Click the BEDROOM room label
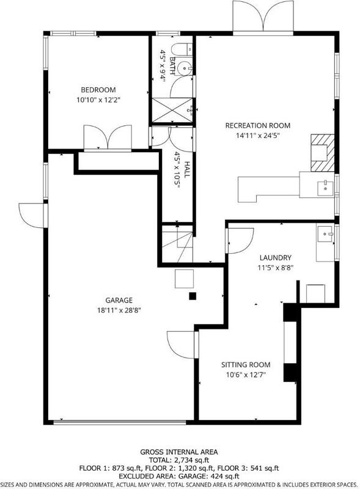click(x=98, y=90)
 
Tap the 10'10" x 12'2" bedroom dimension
click(x=98, y=100)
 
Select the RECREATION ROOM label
click(x=258, y=126)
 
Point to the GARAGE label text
click(x=119, y=300)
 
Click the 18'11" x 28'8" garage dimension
click(x=119, y=311)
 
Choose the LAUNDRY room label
click(x=276, y=258)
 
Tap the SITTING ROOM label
click(x=246, y=365)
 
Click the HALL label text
click(x=186, y=170)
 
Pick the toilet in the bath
click(x=182, y=50)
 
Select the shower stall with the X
click(x=172, y=110)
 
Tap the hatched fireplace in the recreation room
click(x=322, y=153)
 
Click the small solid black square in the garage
click(x=193, y=296)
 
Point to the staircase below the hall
click(x=177, y=244)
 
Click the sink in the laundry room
click(x=325, y=234)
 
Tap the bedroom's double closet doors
click(x=108, y=138)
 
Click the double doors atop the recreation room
click(x=263, y=16)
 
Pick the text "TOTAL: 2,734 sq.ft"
click(x=178, y=460)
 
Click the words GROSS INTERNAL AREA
click(x=178, y=452)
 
